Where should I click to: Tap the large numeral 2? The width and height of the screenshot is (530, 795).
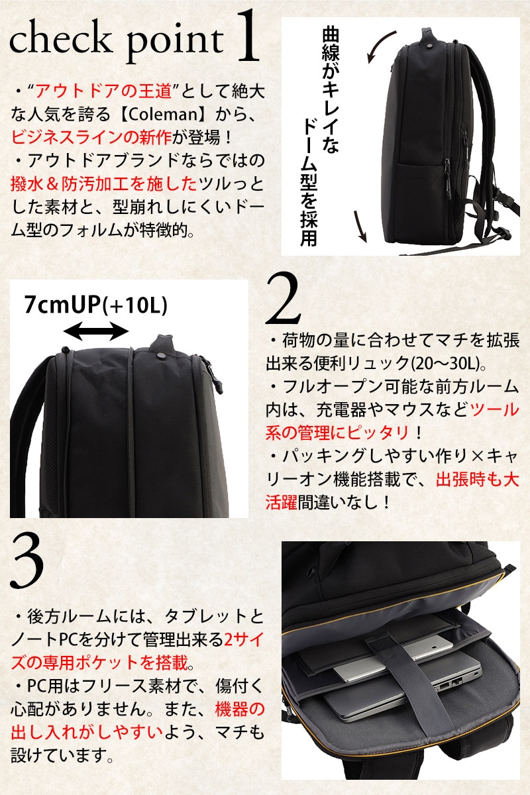[x=284, y=298]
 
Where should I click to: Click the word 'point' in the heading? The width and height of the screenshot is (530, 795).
[x=175, y=46]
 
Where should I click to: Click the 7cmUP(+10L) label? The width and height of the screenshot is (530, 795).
[x=96, y=305]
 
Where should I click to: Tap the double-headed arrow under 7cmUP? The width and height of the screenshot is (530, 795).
[x=96, y=332]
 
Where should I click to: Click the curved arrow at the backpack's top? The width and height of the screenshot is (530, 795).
[x=380, y=44]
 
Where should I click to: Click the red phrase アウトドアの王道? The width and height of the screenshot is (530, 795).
[x=104, y=92]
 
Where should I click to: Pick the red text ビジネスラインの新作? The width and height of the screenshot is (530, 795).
[x=91, y=137]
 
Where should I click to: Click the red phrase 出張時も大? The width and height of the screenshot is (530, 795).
[x=478, y=480]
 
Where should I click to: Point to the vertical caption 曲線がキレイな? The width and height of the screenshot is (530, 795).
[x=331, y=91]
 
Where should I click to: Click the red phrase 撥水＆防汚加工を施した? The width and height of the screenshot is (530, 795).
[x=103, y=184]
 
